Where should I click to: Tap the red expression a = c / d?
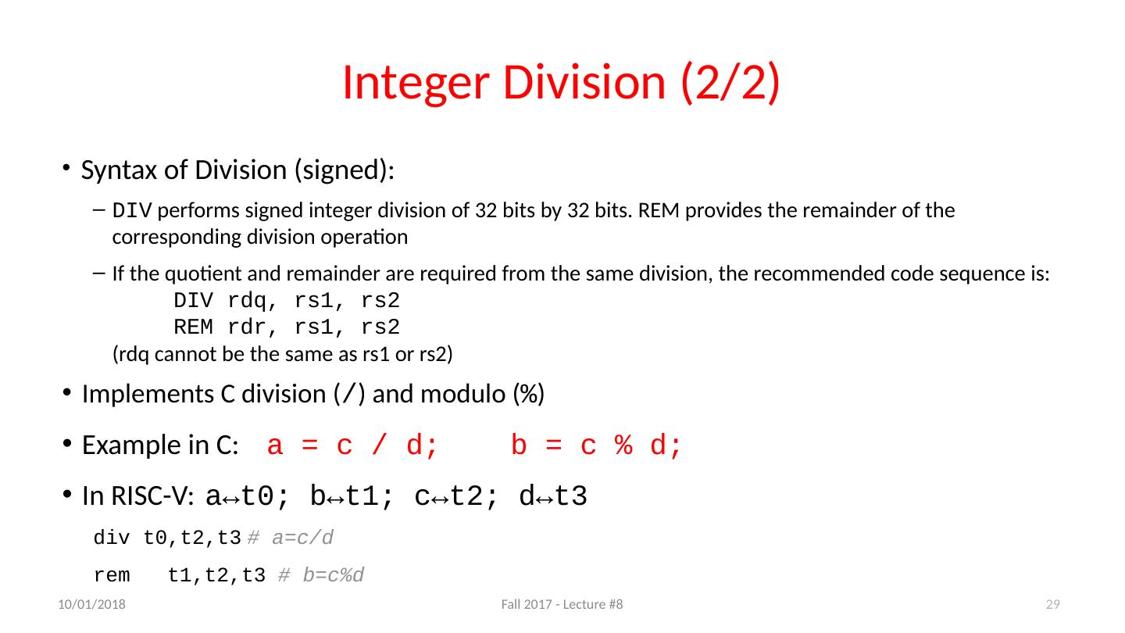[x=352, y=446]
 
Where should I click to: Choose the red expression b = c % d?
[x=597, y=446]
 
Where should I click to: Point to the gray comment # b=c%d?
[x=321, y=577]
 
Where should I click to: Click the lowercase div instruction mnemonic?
[x=112, y=538]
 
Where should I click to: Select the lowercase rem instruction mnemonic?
[x=112, y=577]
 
